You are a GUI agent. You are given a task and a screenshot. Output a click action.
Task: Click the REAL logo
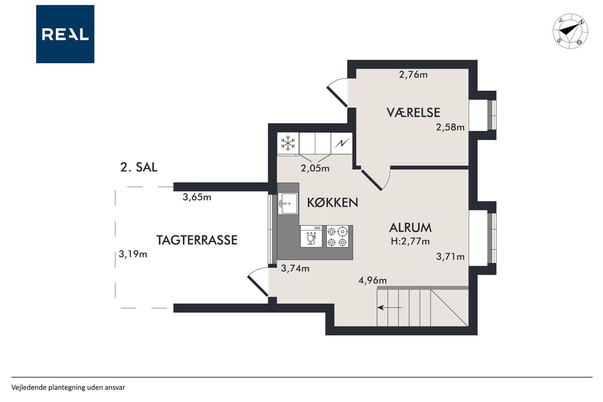pos(65,34)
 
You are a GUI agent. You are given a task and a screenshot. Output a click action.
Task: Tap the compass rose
pos(570,31)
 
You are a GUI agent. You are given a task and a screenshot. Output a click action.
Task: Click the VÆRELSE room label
pos(413,113)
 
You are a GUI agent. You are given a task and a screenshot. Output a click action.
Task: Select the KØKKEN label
pos(333,203)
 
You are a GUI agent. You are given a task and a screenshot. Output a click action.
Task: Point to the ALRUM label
pos(410,228)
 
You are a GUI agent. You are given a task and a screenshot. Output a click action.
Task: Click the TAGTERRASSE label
pos(197,240)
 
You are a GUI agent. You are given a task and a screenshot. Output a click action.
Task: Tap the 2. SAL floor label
pos(139,167)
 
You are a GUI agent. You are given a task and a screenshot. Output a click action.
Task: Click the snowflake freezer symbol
pos(288,143)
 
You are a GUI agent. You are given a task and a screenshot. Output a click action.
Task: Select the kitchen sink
pos(288,203)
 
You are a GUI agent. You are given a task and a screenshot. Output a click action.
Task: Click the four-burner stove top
pos(337,236)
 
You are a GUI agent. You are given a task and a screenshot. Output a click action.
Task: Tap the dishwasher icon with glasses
pos(311,236)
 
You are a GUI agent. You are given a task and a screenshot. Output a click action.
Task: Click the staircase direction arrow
pos(390,307)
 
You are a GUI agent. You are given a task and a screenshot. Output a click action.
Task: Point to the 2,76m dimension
pos(413,74)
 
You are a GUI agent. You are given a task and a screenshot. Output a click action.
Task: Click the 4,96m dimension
pos(373,280)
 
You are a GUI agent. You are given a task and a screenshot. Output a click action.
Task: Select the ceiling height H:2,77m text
pos(410,241)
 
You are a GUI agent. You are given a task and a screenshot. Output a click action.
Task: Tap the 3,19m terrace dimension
pos(133,254)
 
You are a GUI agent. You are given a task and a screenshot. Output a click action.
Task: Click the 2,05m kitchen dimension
pos(315,169)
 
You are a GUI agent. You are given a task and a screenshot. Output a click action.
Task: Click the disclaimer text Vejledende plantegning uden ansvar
pos(68,387)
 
